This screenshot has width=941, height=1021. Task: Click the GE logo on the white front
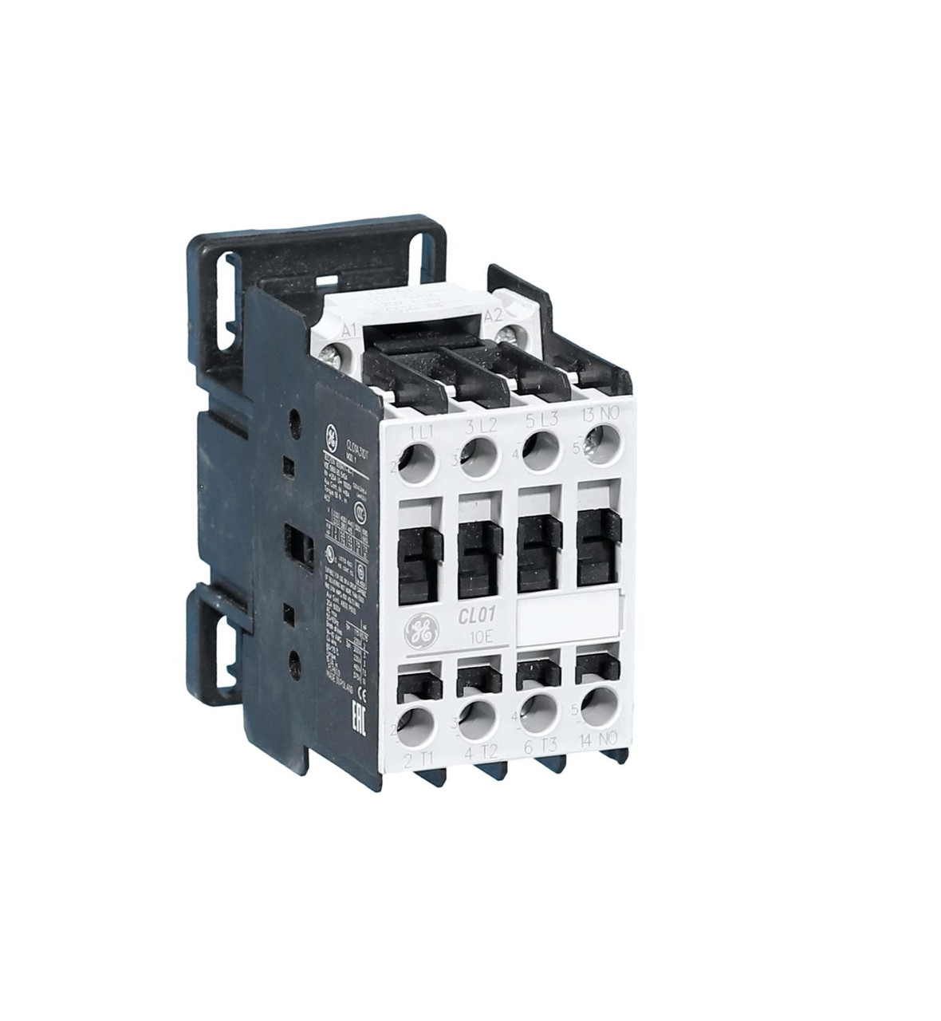pos(419,633)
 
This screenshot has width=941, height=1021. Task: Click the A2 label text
pos(494,314)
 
